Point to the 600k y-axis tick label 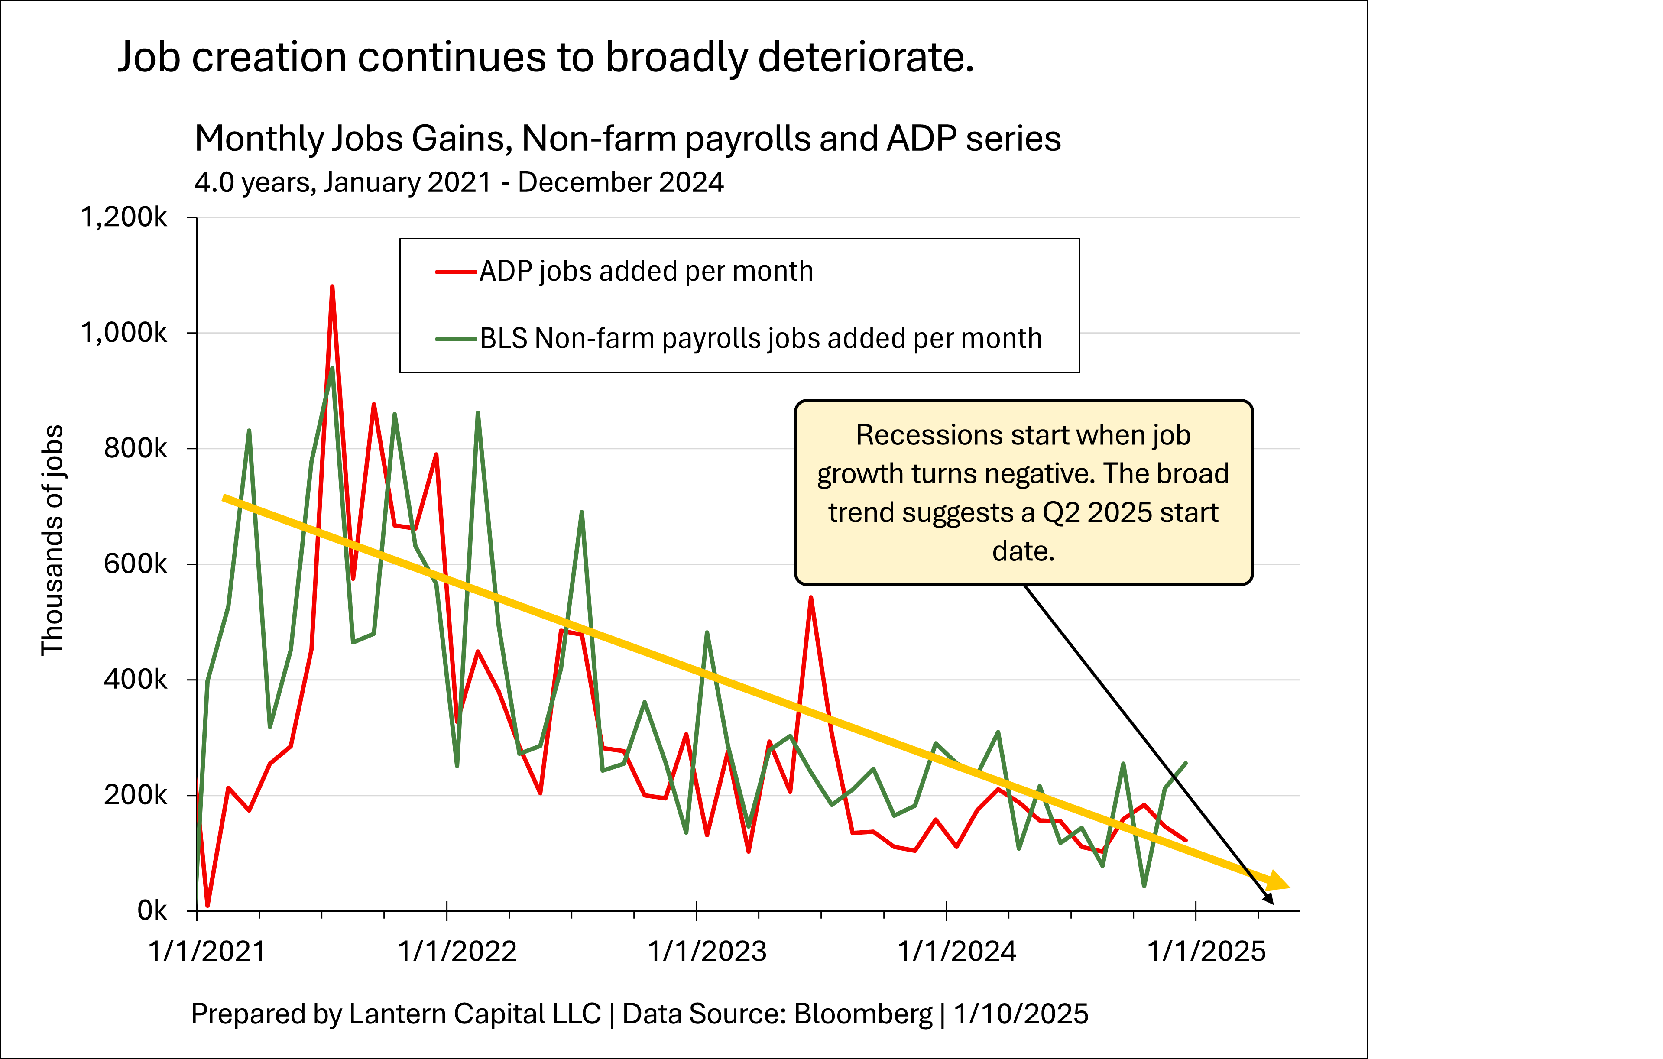(135, 564)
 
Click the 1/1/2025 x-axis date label (1206, 951)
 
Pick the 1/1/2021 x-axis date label (207, 951)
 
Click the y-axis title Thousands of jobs (52, 540)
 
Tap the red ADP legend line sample (456, 272)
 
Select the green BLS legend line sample (456, 339)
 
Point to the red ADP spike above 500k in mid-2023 (811, 598)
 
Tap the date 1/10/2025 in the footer (1021, 1014)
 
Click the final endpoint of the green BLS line (1186, 763)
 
